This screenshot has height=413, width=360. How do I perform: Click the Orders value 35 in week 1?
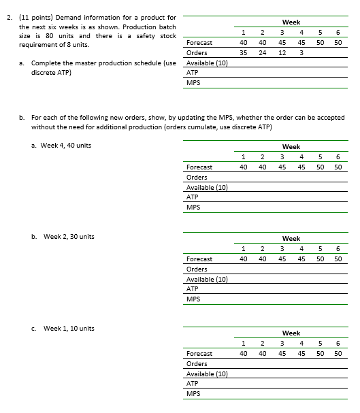[243, 52]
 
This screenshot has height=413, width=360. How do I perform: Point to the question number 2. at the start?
[7, 16]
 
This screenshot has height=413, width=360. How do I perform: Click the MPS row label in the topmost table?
[193, 82]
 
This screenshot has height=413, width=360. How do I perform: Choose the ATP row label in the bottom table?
[192, 383]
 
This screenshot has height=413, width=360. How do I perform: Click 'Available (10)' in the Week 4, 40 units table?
[207, 187]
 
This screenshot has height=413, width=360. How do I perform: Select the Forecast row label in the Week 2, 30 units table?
[199, 259]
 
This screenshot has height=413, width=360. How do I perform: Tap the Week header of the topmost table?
[291, 22]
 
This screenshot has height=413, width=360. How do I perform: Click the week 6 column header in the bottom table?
[338, 344]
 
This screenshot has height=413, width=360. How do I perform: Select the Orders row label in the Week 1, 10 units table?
[197, 363]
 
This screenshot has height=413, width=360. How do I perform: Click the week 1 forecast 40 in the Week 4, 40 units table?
[243, 167]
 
